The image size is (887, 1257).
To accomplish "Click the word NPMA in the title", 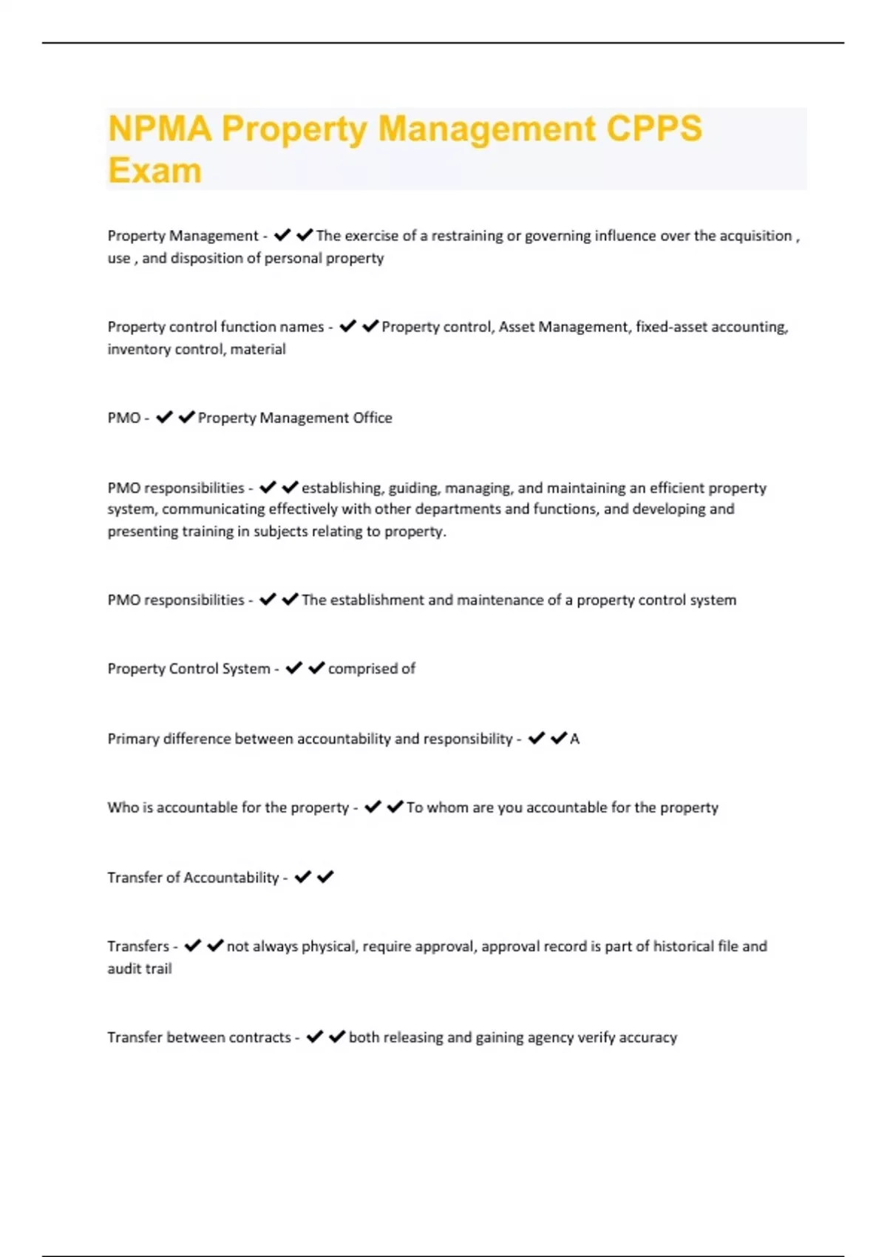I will click(160, 129).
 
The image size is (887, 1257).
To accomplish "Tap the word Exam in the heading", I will click(154, 171).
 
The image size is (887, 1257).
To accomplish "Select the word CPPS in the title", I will click(654, 129).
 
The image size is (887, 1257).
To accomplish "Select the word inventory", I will click(137, 349).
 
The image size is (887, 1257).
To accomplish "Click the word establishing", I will click(341, 488).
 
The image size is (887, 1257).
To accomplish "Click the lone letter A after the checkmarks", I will click(575, 739).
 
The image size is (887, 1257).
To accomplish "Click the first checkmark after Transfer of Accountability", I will click(302, 877).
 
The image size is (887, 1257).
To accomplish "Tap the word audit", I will click(122, 969).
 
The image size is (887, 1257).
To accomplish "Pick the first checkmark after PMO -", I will click(164, 417).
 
